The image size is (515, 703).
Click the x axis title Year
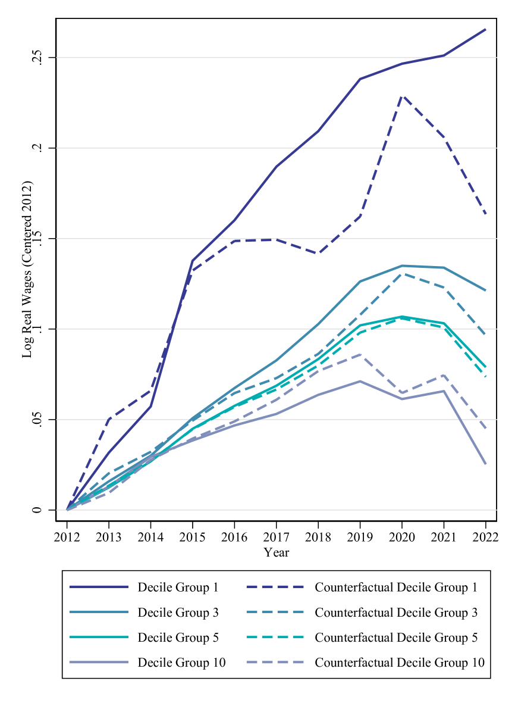pos(277,552)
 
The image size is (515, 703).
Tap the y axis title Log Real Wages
pos(27,268)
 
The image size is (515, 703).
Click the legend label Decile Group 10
pos(181,662)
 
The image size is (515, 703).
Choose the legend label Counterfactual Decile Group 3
pos(396,613)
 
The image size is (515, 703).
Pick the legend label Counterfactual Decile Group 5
pos(396,638)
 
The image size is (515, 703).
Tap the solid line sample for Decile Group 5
pos(99,638)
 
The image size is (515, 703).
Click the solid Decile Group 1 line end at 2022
pos(485,29)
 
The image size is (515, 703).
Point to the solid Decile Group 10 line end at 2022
pos(485,464)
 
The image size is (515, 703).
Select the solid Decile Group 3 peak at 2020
pos(403,265)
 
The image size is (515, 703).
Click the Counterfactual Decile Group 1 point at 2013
pos(109,419)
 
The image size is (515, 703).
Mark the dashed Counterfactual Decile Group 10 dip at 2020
pos(403,393)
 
